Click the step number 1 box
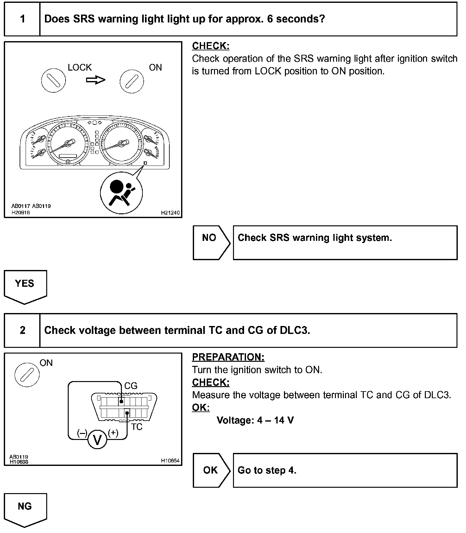[22, 19]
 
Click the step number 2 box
[22, 330]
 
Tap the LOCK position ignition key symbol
[54, 80]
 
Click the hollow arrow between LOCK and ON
[96, 80]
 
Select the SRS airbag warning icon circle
[121, 193]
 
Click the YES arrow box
[25, 286]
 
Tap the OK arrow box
[211, 470]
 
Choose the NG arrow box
[25, 509]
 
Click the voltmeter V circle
[97, 440]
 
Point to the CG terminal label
[131, 386]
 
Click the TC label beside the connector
[137, 427]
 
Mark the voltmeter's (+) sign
[113, 433]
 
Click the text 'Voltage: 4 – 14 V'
[255, 420]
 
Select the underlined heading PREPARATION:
[228, 357]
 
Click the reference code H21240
[170, 213]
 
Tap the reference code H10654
[170, 461]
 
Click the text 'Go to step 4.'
[267, 470]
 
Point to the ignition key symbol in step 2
[27, 375]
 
